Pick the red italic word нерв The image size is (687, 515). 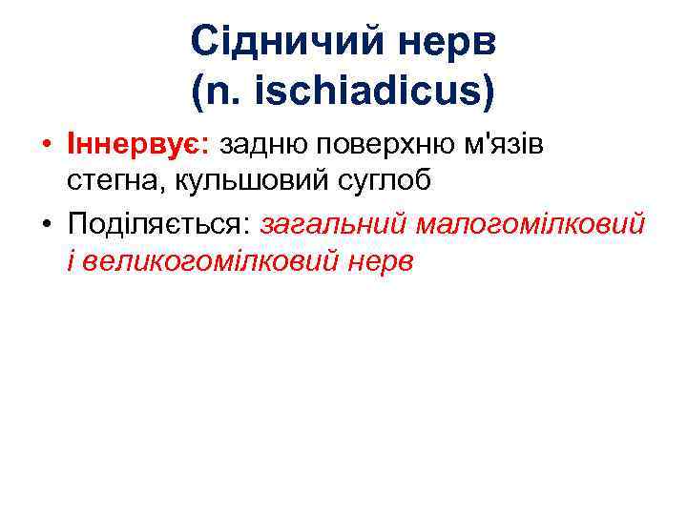(x=380, y=259)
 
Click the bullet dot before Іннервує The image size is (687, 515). (x=46, y=146)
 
